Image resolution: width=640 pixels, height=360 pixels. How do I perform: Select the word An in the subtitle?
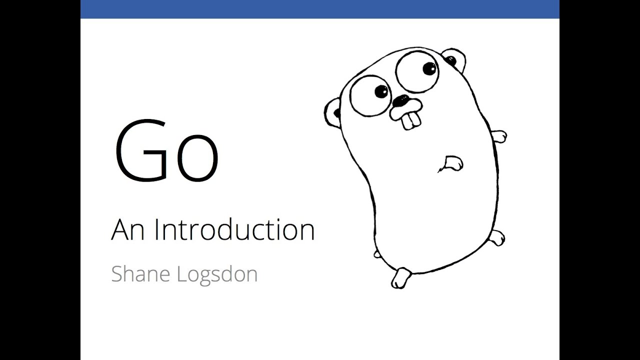pyautogui.click(x=127, y=230)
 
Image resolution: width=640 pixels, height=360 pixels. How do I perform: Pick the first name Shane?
pyautogui.click(x=139, y=274)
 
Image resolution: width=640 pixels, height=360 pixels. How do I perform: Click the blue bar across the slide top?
pyautogui.click(x=319, y=9)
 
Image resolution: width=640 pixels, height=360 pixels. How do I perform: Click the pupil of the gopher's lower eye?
pyautogui.click(x=381, y=91)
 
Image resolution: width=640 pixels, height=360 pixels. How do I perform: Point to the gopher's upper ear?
pyautogui.click(x=453, y=58)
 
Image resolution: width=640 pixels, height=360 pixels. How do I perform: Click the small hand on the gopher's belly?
pyautogui.click(x=453, y=162)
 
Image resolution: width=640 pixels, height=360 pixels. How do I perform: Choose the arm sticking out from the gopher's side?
pyautogui.click(x=500, y=136)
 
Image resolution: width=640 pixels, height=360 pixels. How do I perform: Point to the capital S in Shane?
pyautogui.click(x=117, y=274)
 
